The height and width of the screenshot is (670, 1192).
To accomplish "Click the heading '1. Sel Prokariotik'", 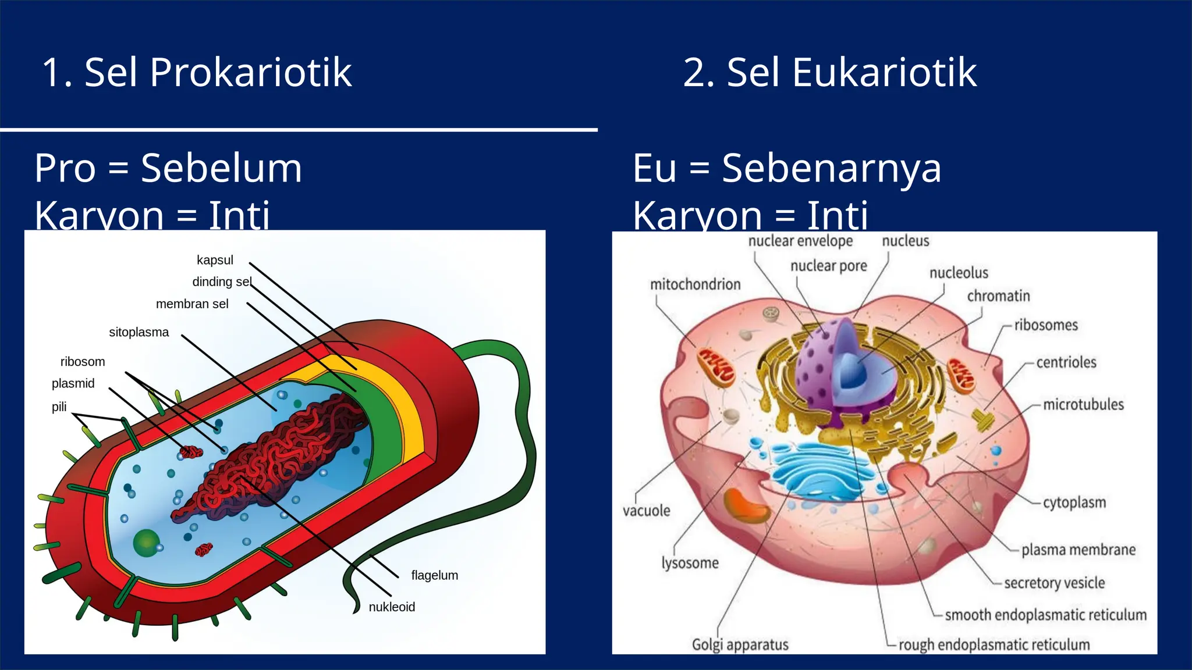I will point(197,73).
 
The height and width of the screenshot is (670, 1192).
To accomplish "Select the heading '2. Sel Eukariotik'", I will point(829,73).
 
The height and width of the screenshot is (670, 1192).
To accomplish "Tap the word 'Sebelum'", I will point(221,168).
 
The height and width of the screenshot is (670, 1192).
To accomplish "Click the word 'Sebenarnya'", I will point(831,168).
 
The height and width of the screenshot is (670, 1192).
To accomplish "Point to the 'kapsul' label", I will point(215,260).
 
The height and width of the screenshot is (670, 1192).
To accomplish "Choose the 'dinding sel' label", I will point(222,282).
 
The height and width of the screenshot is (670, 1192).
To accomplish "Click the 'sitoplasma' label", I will point(139,332).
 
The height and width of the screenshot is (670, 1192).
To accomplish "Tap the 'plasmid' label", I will point(73,383).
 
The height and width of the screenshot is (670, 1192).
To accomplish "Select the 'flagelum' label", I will point(434,575).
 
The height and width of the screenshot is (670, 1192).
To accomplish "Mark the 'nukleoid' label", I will point(392,607).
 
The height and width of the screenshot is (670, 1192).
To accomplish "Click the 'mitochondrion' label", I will point(695,284).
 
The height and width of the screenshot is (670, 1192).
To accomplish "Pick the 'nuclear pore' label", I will point(828,266).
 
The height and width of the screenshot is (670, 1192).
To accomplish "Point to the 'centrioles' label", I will point(1066,362).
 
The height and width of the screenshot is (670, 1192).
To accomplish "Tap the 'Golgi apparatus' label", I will point(740,644).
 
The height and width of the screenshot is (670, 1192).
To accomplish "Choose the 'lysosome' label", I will point(690,563).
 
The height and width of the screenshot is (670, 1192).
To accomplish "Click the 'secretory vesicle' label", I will point(1054,583).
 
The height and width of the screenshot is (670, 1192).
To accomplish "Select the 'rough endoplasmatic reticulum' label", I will point(994,644).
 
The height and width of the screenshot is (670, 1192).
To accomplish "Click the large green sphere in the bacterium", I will point(146,543).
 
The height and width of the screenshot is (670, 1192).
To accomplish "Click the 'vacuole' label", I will point(646,511).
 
